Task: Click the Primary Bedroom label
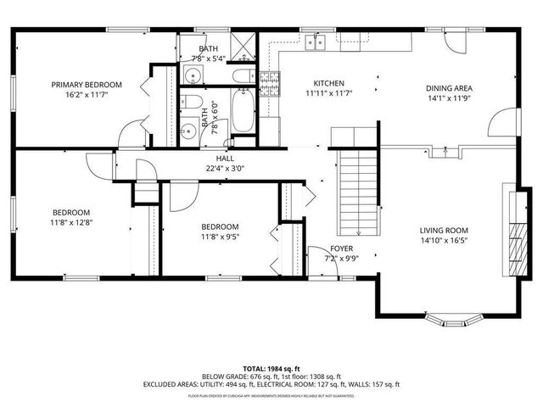(x=87, y=85)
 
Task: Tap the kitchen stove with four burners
(x=270, y=83)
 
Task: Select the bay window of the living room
(x=455, y=321)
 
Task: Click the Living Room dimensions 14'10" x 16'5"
(x=444, y=241)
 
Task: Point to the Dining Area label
(x=449, y=87)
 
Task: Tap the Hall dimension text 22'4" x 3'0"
(x=225, y=168)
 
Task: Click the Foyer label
(x=341, y=248)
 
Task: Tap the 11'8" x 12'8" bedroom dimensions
(x=71, y=223)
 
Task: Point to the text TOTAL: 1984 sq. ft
(x=271, y=368)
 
